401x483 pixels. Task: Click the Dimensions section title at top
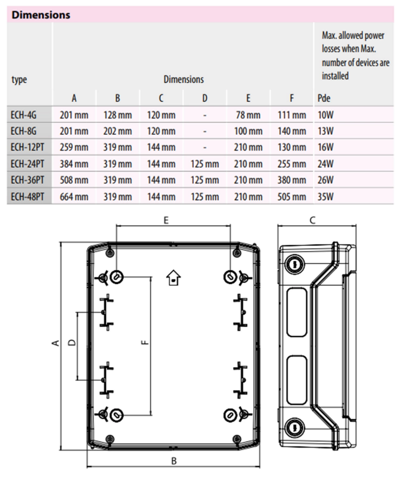click(41, 15)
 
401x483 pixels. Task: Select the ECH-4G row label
click(23, 115)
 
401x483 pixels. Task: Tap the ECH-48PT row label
click(28, 197)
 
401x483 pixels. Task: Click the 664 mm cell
click(74, 197)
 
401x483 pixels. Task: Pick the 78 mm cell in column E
click(248, 115)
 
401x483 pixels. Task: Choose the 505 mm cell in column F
click(292, 197)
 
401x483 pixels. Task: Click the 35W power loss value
click(326, 197)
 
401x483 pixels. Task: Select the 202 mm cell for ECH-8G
click(117, 131)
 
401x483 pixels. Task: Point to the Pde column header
click(324, 98)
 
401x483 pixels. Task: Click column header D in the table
click(205, 98)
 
